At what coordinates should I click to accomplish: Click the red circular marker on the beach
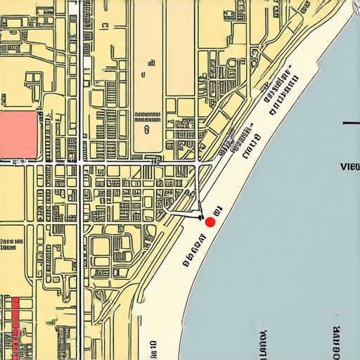(x=210, y=221)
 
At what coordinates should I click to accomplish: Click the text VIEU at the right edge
(x=349, y=167)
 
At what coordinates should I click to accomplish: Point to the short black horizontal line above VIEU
(x=350, y=124)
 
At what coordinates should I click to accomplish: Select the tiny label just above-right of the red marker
(x=217, y=209)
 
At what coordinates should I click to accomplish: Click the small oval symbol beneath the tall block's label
(x=146, y=129)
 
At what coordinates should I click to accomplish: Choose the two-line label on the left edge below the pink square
(x=8, y=244)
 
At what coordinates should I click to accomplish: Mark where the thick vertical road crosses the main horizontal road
(x=82, y=162)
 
